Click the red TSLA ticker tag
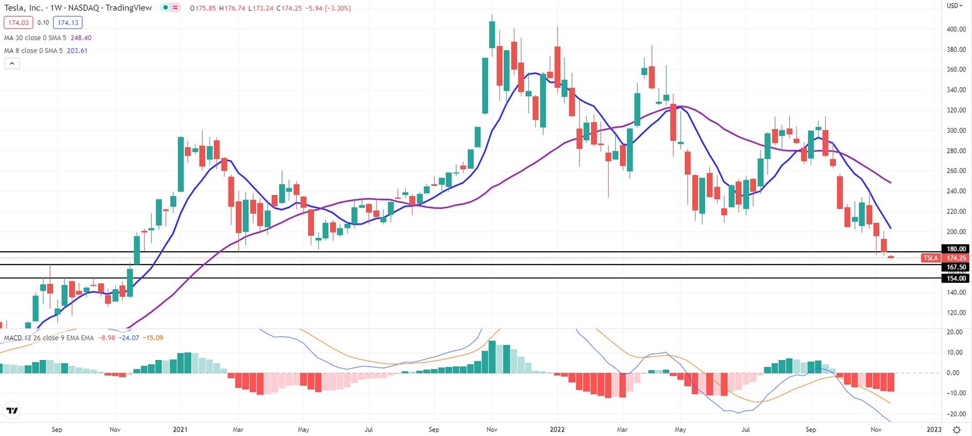[x=930, y=258]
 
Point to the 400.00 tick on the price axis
[x=956, y=29]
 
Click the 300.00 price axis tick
[x=956, y=130]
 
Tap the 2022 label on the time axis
[x=558, y=428]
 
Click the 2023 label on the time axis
[x=934, y=428]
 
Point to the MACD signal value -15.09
[x=154, y=338]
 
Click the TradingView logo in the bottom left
[x=11, y=411]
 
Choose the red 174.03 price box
[x=18, y=23]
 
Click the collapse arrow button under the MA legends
[x=12, y=63]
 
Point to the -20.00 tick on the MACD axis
[x=956, y=413]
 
